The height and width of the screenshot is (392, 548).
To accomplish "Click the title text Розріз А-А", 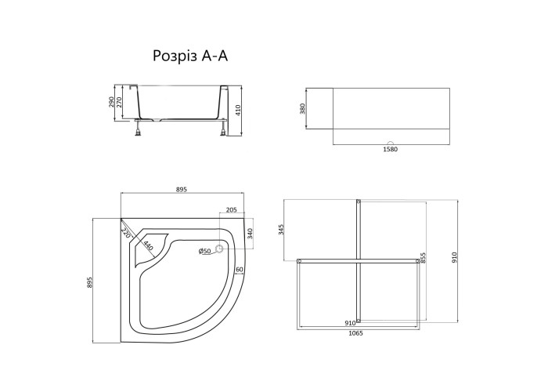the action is point(190,56).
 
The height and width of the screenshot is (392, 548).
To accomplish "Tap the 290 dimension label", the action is point(111,102).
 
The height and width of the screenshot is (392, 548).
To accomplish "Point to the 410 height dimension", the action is point(238,111).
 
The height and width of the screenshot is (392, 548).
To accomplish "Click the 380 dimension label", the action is point(303,108).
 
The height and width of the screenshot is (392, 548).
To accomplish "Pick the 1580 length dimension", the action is point(391,149).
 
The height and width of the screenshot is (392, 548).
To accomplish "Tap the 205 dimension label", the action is point(232,210).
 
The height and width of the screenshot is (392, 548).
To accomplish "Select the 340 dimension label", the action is point(250,233).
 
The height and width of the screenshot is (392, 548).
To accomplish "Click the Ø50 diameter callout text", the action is point(204,251).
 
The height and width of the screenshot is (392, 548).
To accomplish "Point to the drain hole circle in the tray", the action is point(219,249).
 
